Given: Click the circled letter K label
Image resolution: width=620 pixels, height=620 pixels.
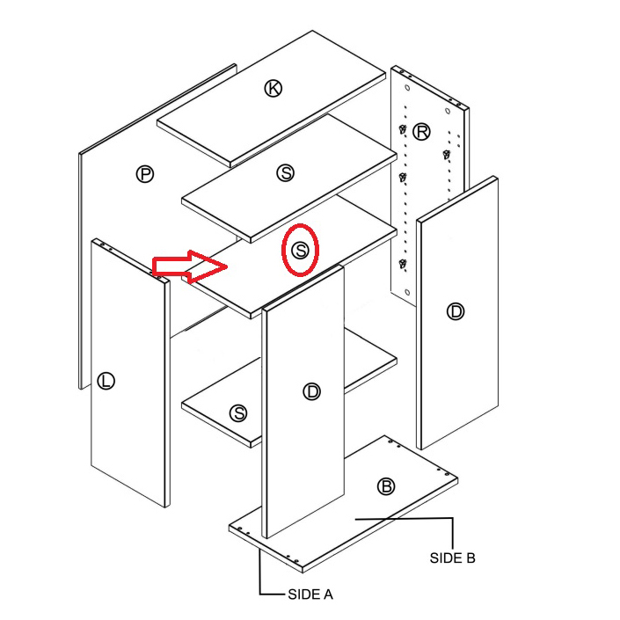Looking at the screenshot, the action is [274, 88].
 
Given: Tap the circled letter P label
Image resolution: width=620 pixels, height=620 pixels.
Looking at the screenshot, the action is [145, 174].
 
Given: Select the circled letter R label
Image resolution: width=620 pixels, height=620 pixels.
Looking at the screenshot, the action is [421, 132].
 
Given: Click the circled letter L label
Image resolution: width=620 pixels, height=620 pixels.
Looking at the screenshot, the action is [106, 381].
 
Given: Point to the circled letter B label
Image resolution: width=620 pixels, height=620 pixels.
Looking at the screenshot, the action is [386, 486].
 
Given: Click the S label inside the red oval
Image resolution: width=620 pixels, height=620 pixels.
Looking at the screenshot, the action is [301, 251].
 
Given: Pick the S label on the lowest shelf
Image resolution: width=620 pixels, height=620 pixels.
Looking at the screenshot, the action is [238, 413].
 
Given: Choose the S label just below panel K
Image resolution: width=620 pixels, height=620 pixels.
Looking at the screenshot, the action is [286, 172].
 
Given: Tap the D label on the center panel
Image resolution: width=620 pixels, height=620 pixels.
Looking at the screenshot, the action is [312, 391].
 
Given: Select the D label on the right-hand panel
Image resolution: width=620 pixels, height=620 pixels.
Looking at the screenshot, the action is [456, 311].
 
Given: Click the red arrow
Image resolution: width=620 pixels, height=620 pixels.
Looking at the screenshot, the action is [190, 266].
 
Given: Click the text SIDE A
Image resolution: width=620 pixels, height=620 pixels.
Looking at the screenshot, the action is [310, 594].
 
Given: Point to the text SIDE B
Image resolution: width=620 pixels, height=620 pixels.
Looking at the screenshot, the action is [452, 558].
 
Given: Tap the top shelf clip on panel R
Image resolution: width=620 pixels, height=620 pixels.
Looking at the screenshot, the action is [403, 129].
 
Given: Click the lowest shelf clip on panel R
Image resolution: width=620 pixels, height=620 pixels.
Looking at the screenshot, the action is [403, 263].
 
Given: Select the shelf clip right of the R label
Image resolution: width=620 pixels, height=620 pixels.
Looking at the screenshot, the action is [447, 155].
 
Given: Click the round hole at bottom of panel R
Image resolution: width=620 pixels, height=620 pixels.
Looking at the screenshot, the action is [408, 293].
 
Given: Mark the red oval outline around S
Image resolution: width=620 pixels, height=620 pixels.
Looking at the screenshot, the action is [282, 251].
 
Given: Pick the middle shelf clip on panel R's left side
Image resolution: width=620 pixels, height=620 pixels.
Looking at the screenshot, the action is [403, 177].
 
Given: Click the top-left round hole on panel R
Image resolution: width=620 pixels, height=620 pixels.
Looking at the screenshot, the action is [408, 88].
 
